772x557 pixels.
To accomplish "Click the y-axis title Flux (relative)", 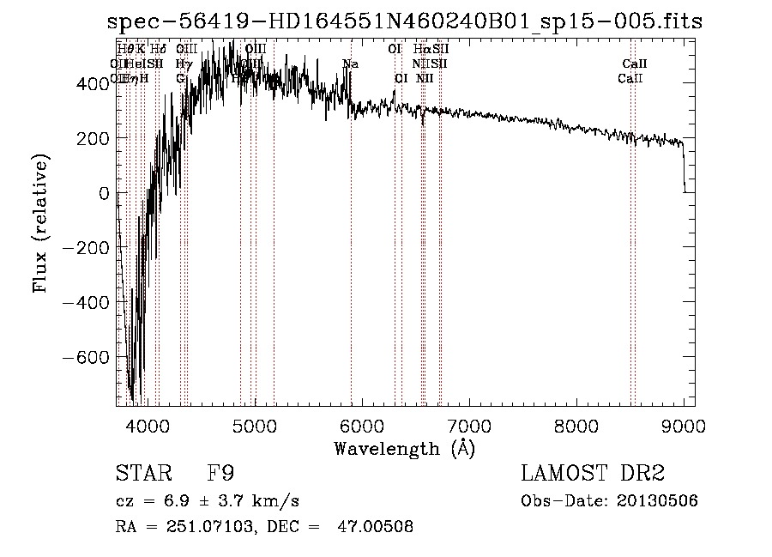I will pyautogui.click(x=40, y=224).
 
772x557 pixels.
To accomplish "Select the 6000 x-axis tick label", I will pyautogui.click(x=362, y=425).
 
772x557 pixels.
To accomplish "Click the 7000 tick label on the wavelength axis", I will pyautogui.click(x=469, y=425).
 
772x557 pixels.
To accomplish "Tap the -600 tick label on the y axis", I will pyautogui.click(x=86, y=357).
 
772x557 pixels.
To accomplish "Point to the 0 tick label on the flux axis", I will pyautogui.click(x=104, y=193).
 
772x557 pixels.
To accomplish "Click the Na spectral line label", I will pyautogui.click(x=350, y=64).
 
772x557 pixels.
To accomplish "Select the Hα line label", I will pyautogui.click(x=420, y=50).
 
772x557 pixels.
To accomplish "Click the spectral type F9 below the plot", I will pyautogui.click(x=220, y=474).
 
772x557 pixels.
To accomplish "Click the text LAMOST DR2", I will pyautogui.click(x=593, y=474).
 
